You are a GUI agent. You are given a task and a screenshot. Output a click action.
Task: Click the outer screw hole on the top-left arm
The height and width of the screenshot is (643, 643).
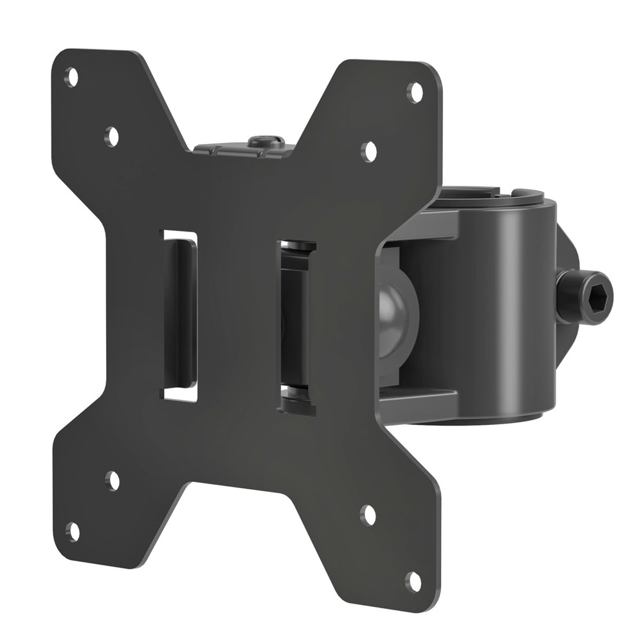[x=72, y=78]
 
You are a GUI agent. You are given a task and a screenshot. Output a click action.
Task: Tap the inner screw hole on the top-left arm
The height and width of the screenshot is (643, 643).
[x=113, y=136]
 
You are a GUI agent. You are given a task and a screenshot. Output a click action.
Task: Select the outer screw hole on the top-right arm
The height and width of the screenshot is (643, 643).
[x=415, y=92]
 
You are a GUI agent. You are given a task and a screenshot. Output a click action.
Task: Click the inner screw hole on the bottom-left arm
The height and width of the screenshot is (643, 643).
[x=113, y=480]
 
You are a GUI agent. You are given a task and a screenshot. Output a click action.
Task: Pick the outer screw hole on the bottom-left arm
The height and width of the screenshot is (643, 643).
[x=73, y=532]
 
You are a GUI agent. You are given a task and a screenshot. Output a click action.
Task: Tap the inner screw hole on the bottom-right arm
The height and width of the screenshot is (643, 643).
[x=368, y=514]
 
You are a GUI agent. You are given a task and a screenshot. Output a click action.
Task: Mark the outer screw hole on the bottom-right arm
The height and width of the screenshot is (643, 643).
[x=413, y=581]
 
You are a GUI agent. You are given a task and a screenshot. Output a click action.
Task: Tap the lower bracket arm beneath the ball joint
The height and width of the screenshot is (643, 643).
[x=418, y=402]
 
